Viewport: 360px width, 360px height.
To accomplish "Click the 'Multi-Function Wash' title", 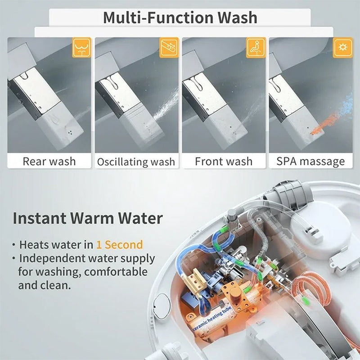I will (180, 18).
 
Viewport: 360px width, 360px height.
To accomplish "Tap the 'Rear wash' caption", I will (49, 161).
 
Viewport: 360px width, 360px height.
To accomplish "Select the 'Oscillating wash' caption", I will (136, 162).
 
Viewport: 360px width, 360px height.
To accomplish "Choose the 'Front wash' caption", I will (224, 161).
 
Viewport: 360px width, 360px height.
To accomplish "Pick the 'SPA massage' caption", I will (311, 161).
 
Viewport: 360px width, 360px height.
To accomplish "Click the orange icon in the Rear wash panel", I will (81, 47).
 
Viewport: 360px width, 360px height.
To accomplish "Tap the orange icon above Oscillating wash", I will (169, 47).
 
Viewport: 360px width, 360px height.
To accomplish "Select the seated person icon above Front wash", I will (256, 47).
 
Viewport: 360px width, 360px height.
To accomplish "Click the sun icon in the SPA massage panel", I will (343, 47).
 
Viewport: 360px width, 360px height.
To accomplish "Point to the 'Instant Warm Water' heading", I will (87, 219).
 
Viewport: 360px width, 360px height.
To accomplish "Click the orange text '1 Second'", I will (119, 245).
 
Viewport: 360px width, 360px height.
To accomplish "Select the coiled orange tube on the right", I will (315, 288).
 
